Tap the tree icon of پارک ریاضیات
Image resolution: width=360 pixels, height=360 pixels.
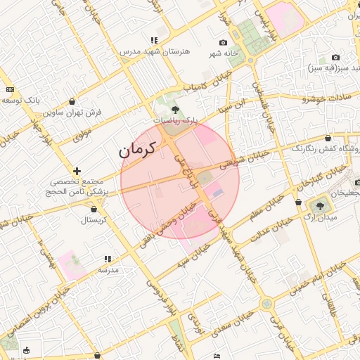tap(174, 110)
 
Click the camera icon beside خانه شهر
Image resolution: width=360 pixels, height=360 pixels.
tap(224, 43)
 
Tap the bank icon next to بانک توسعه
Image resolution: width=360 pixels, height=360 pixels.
tap(10, 89)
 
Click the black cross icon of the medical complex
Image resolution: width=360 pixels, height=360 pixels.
tap(77, 171)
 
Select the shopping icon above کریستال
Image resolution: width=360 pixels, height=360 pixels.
tap(94, 209)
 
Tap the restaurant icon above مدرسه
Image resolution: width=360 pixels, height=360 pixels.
tap(108, 259)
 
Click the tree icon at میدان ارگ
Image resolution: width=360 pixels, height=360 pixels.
tap(321, 206)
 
